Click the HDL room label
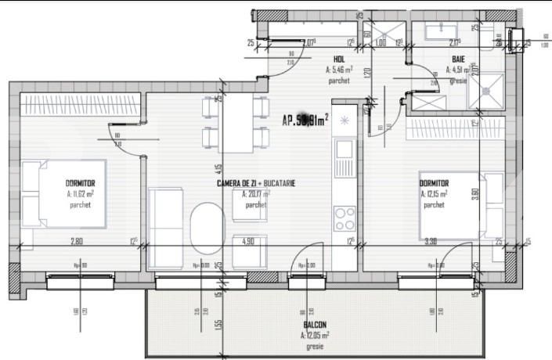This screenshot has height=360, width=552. (x=339, y=59)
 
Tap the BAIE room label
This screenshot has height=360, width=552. (x=458, y=59)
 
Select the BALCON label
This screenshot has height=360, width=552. (x=315, y=325)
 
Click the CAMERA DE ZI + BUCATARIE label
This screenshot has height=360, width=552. (x=255, y=182)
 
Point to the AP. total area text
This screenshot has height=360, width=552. (x=305, y=120)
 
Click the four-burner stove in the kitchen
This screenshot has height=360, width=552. (x=345, y=215)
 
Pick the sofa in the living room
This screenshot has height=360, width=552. (x=166, y=219)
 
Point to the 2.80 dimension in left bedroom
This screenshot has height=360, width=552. (x=77, y=241)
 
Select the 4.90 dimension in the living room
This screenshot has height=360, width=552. (x=248, y=241)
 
